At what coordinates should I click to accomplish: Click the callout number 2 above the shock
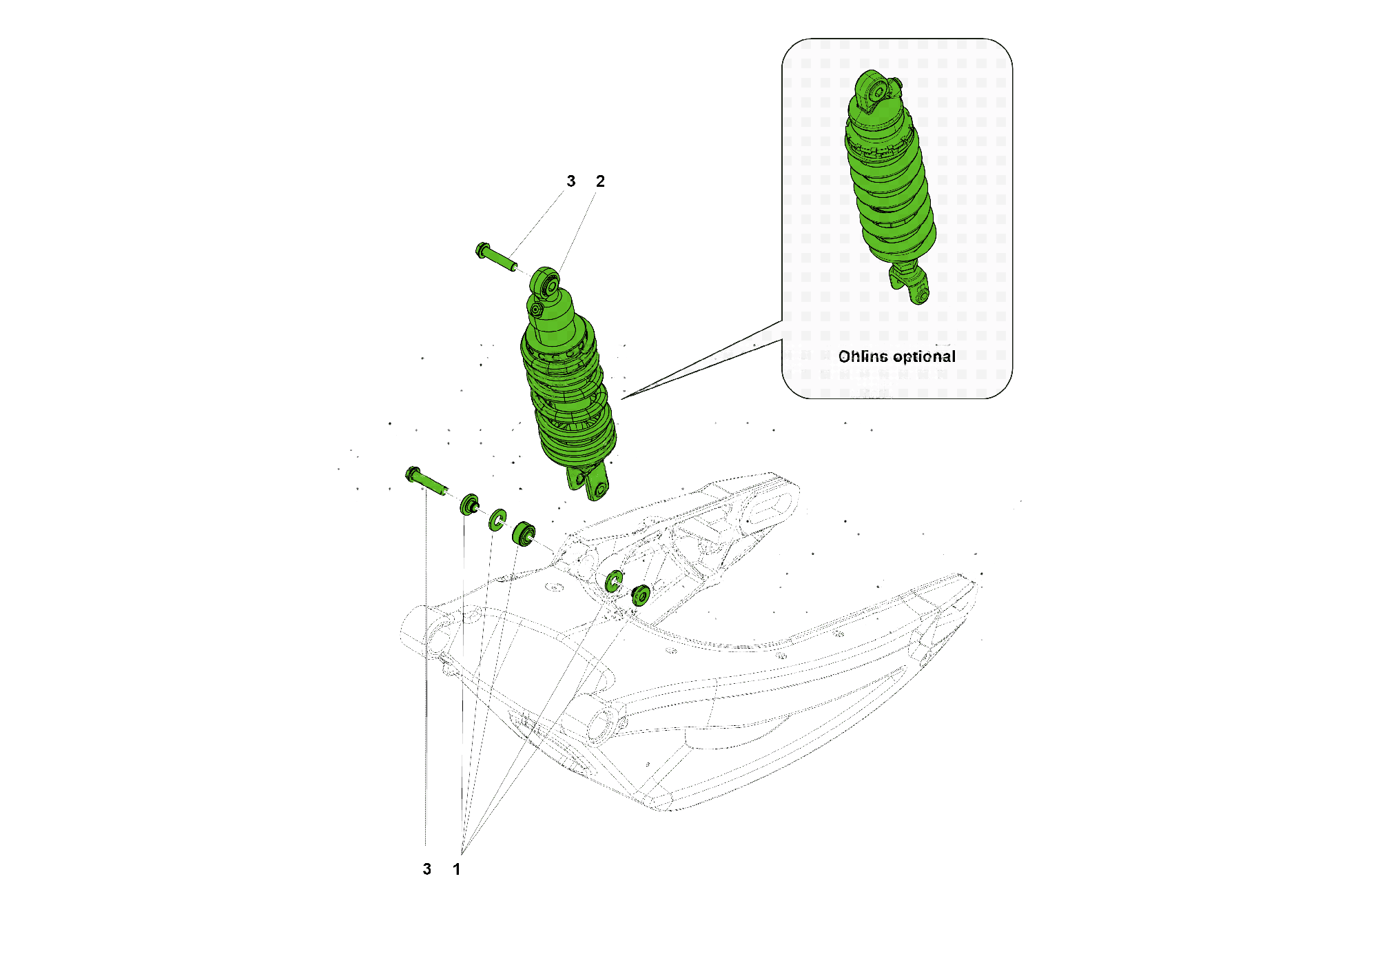coord(600,181)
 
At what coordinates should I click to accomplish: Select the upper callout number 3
coord(570,181)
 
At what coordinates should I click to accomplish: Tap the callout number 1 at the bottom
coord(457,869)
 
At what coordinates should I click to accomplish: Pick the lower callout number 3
coord(427,869)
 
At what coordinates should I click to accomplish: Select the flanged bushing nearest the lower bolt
coord(470,505)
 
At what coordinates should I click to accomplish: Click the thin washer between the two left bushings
coord(497,520)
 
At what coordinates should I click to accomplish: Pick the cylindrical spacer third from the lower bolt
coord(524,534)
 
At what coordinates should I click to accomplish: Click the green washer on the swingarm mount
coord(614,581)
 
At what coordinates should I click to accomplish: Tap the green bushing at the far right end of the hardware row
coord(641,595)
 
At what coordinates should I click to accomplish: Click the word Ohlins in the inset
coord(863,356)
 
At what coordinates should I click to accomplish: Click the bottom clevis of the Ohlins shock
coord(913,286)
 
